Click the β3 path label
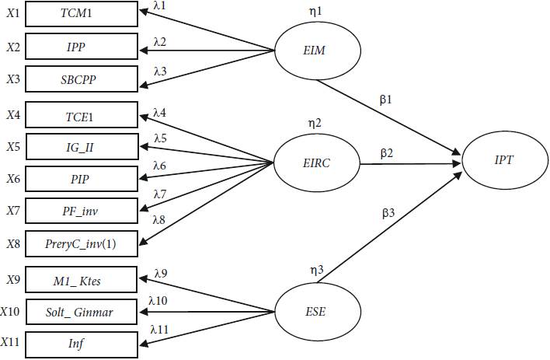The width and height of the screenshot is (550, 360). [389, 211]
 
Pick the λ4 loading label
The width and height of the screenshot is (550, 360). [160, 114]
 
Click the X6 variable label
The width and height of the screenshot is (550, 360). [12, 178]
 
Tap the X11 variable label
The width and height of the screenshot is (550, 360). [11, 343]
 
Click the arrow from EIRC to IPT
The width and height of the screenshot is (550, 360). [408, 164]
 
